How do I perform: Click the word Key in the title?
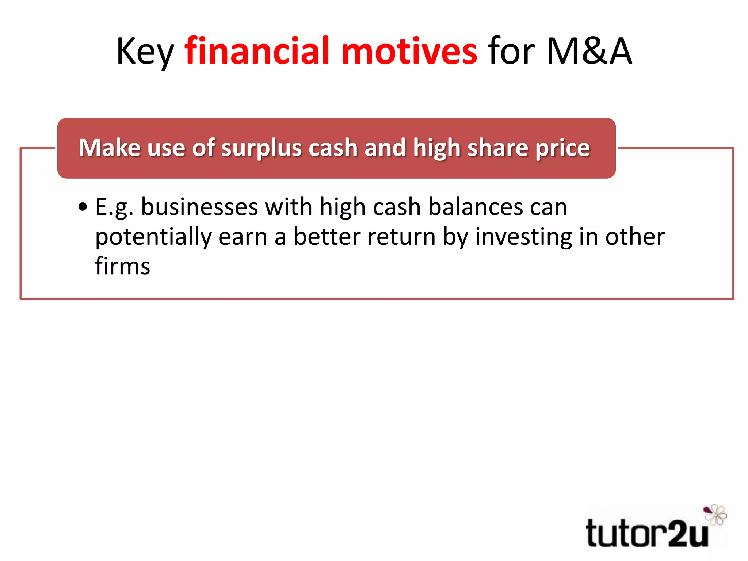pyautogui.click(x=145, y=52)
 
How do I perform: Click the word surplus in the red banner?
pyautogui.click(x=261, y=148)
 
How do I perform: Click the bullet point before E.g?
pyautogui.click(x=83, y=207)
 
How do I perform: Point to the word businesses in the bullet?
pyautogui.click(x=199, y=207)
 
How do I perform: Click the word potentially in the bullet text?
pyautogui.click(x=153, y=237)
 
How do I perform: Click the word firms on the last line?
pyautogui.click(x=122, y=266)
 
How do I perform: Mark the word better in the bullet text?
pyautogui.click(x=327, y=237)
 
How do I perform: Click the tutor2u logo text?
pyautogui.click(x=646, y=534)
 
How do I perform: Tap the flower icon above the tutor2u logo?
pyautogui.click(x=715, y=515)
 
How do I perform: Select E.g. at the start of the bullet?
pyautogui.click(x=114, y=207)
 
